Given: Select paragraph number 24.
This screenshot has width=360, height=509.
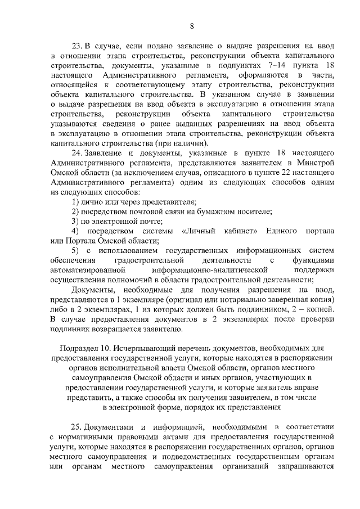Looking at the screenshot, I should [77, 152].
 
